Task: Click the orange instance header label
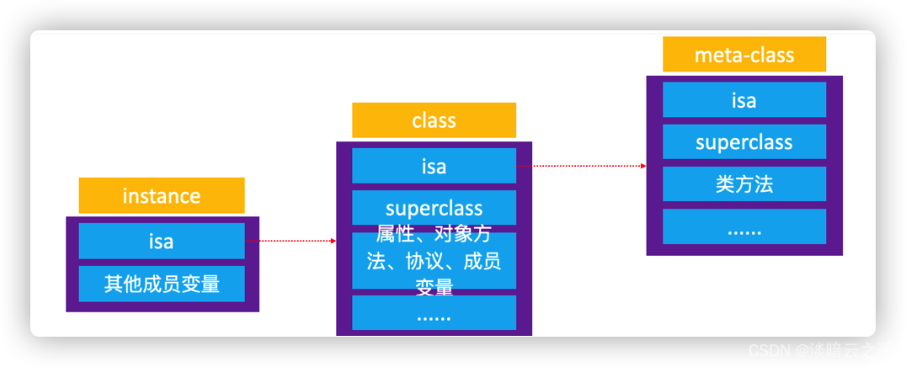[x=162, y=195]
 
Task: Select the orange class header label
[x=434, y=120]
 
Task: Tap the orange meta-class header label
[x=744, y=55]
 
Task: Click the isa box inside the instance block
[x=162, y=241]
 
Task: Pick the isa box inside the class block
[x=434, y=166]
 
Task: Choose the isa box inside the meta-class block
[x=744, y=99]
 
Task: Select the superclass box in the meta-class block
[x=744, y=141]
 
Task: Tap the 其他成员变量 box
[x=162, y=284]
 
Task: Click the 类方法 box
[x=744, y=184]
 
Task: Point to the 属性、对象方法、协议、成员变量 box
[x=434, y=259]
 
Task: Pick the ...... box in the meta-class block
[x=744, y=227]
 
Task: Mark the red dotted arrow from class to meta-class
[x=581, y=166]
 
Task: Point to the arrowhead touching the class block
[x=333, y=241]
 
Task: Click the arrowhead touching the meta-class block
[x=643, y=166]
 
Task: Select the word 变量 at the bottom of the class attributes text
[x=434, y=288]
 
